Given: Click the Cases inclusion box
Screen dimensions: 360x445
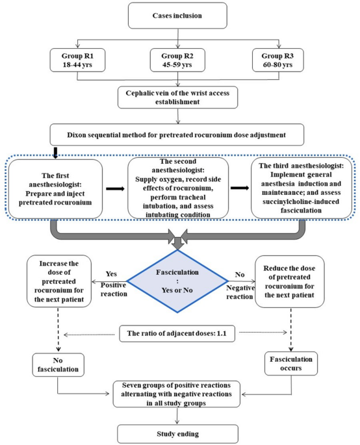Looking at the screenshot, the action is tap(177, 16).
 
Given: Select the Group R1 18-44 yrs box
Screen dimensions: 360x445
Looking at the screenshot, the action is tap(77, 60).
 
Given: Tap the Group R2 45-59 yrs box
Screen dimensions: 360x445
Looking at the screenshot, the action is tap(177, 60).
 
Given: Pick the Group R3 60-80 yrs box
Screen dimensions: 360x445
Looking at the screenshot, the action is tap(277, 60).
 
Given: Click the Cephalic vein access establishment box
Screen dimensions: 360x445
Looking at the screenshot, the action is tap(178, 97).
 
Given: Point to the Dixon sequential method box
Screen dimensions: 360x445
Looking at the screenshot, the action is tap(177, 134).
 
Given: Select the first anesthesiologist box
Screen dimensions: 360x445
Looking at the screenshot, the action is tap(55, 189).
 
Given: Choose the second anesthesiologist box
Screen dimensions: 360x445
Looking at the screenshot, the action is tap(178, 188).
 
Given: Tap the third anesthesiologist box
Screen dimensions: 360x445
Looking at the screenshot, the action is tap(302, 188).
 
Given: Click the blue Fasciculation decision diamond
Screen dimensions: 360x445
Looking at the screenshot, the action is tap(177, 281).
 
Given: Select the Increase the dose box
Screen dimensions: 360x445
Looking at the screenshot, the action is tap(59, 281).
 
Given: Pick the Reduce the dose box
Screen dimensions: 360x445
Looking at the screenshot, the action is tap(290, 281).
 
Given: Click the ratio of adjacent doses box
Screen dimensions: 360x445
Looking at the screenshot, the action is tap(177, 333).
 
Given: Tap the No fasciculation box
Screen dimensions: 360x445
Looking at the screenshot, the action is tap(58, 364).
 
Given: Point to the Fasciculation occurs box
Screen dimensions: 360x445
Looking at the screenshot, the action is tap(291, 364).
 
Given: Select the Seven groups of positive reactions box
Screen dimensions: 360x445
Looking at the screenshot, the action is tap(177, 394).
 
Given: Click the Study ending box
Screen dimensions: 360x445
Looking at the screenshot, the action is tap(178, 434).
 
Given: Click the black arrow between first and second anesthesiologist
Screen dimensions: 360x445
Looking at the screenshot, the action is tap(115, 189).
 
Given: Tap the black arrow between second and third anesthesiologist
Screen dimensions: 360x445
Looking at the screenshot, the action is tap(240, 188).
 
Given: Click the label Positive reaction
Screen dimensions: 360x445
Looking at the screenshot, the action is tap(114, 290).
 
